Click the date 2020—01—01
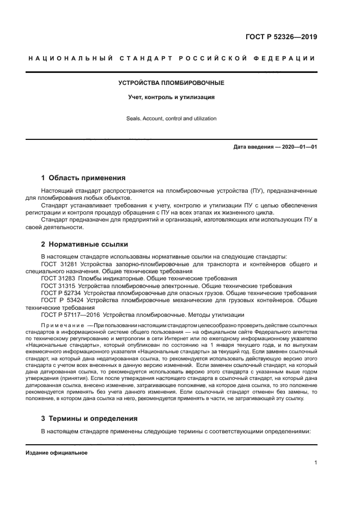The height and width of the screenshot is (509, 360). point(299,147)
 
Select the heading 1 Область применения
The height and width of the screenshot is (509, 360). point(83,177)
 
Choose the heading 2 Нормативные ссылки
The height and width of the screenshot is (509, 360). point(85,244)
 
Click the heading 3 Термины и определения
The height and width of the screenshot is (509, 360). point(90,418)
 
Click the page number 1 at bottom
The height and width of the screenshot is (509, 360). point(315,463)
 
